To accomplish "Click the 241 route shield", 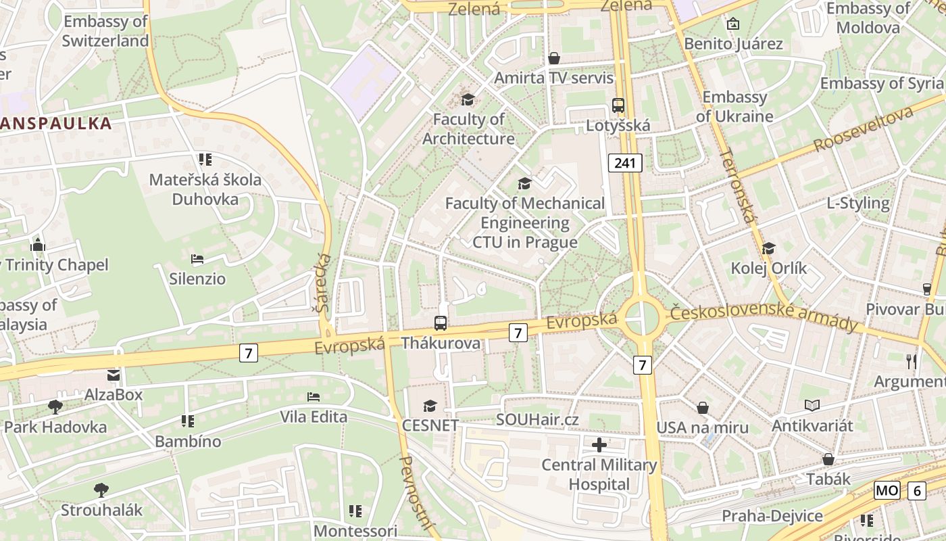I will click(x=624, y=163).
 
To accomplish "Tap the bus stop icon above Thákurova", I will click(x=441, y=323).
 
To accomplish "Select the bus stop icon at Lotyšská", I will click(x=618, y=105).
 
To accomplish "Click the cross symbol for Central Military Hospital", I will click(x=599, y=445).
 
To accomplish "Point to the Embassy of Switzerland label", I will click(x=105, y=31).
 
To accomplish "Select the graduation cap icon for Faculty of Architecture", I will click(x=468, y=100).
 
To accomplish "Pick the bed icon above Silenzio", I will click(x=197, y=259).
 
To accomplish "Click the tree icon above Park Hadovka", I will click(x=55, y=406).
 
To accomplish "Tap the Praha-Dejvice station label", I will click(x=772, y=517).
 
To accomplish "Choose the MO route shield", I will click(x=887, y=490).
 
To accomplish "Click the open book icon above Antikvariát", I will click(x=812, y=406).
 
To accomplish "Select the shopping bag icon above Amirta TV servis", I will click(x=554, y=58).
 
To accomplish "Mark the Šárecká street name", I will click(x=324, y=282).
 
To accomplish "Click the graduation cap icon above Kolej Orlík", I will click(x=768, y=248).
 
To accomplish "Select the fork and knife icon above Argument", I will click(x=912, y=361).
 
